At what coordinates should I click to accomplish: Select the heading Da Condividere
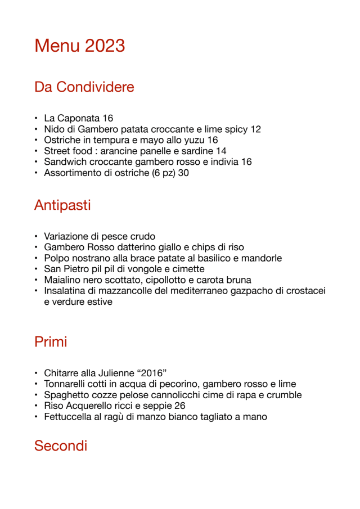point(84,87)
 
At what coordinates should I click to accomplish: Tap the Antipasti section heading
point(62,205)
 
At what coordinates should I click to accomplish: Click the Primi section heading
point(51,341)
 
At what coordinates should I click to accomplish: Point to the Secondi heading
point(61,446)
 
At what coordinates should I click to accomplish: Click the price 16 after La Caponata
point(108,118)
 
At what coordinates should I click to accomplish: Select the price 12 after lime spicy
point(255,129)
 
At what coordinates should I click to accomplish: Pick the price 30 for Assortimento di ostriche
point(183,173)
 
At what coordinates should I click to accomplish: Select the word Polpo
point(56,258)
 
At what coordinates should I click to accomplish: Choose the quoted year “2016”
point(151,373)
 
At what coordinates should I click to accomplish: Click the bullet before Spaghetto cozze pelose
point(35,395)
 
